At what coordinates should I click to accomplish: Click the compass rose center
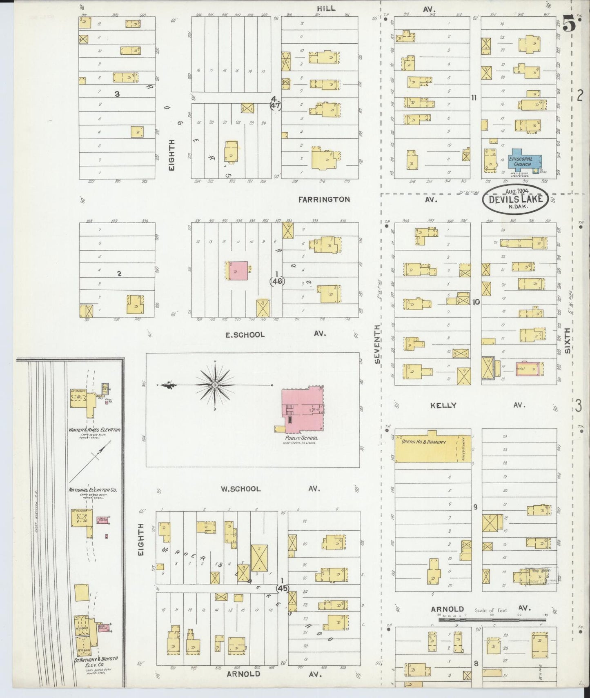tap(215, 385)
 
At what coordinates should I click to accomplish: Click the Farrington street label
tap(324, 200)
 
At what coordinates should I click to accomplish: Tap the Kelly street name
tap(443, 405)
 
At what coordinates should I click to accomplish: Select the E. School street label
tap(245, 335)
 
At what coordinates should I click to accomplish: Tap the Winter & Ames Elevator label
tap(94, 430)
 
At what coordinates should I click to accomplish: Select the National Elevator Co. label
tap(93, 489)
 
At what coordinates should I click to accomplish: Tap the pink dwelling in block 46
tap(237, 271)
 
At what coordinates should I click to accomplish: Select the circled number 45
tap(282, 588)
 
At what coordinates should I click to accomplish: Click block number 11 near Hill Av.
tap(474, 98)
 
